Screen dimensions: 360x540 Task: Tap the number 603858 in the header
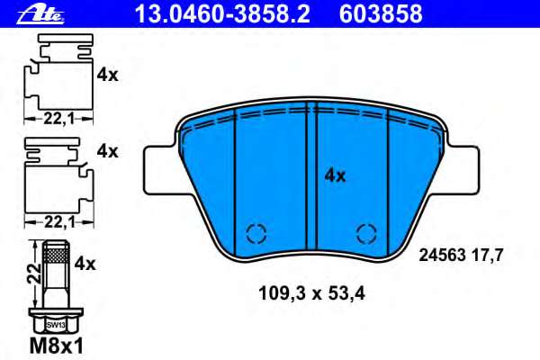379,13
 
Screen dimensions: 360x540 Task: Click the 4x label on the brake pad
335,176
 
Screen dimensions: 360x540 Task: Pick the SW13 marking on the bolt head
56,324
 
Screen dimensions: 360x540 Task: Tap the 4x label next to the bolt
85,264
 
